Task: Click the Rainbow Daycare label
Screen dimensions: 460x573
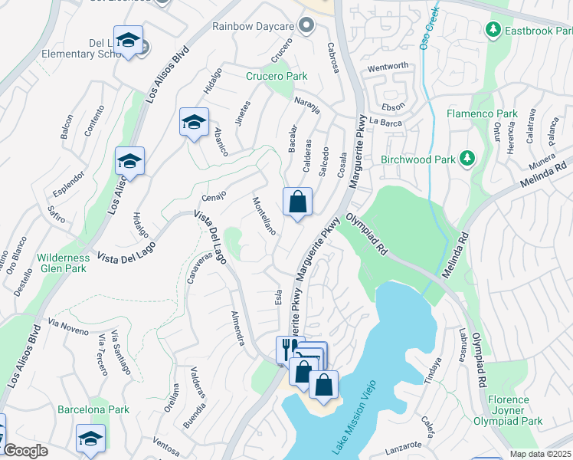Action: click(254, 26)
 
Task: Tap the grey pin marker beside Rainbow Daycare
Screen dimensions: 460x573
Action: click(307, 26)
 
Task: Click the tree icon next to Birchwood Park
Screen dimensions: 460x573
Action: click(466, 159)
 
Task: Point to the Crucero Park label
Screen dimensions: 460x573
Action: click(277, 76)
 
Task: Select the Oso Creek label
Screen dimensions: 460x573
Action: click(430, 27)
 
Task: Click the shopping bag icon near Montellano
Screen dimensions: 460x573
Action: click(297, 203)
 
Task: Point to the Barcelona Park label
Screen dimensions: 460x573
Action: click(93, 409)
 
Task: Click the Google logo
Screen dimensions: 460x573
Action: click(25, 451)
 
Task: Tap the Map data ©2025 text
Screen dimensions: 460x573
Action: click(541, 454)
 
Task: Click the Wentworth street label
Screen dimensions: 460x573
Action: click(388, 67)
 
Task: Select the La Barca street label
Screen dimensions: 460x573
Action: click(385, 120)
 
